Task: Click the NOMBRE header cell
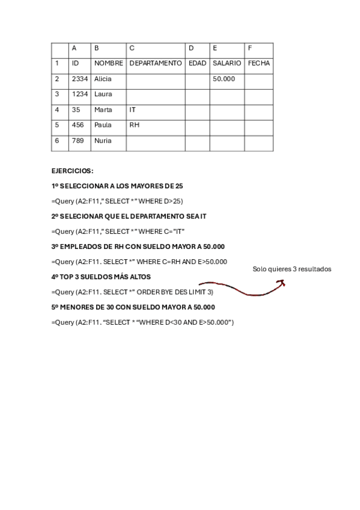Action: (108, 63)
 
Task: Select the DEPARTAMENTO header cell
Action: (155, 63)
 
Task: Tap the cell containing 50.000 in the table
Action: (224, 79)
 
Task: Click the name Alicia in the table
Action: (103, 79)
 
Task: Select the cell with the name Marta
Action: (103, 110)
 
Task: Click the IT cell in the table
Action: (133, 110)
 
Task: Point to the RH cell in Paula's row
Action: (134, 126)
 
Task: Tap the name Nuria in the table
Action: (103, 141)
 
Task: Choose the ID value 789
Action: (78, 141)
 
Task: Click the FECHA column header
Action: (259, 63)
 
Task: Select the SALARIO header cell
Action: (227, 63)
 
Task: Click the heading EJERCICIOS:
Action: (73, 171)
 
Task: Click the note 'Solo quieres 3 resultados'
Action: (292, 269)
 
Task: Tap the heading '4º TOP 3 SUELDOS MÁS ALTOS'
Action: (101, 277)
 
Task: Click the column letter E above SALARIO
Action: (215, 48)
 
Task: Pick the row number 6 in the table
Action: (57, 141)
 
